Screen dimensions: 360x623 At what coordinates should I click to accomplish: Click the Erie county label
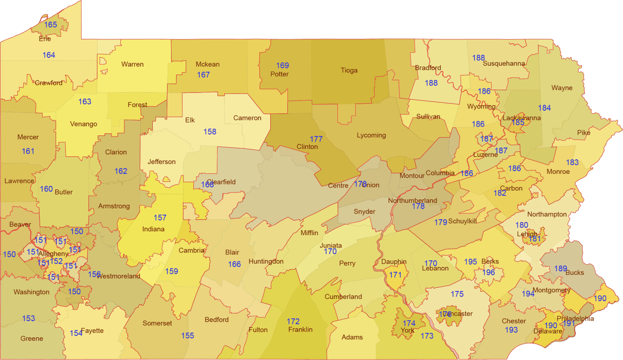point(45,39)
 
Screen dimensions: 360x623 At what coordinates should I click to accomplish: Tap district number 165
point(51,25)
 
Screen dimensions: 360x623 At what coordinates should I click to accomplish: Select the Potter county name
point(279,74)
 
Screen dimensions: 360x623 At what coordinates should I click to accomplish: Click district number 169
point(282,65)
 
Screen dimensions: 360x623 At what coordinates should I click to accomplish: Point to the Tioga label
point(349,70)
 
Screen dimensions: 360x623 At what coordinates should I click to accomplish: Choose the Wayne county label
point(562,88)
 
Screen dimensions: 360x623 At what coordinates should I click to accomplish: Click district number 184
point(544,108)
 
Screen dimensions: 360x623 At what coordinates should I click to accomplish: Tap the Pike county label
point(584,133)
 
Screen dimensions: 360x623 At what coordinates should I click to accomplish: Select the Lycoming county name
point(371,135)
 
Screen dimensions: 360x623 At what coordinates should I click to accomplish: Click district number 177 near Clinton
point(316,139)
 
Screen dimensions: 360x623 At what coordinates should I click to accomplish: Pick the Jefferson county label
point(161,162)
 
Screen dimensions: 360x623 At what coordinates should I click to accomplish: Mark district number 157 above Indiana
point(160,218)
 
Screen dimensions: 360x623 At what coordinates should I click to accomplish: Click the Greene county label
point(32,338)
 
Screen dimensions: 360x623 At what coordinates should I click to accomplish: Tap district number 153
point(28,318)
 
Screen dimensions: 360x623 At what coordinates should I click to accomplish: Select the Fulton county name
point(258,330)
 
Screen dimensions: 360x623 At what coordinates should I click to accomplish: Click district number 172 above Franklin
point(293,321)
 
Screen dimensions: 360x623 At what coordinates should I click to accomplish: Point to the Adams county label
point(352,337)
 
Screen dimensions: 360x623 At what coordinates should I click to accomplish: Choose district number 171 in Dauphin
point(395,275)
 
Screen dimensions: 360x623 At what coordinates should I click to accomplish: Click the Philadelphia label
point(575,318)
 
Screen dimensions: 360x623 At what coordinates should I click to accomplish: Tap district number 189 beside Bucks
point(560,269)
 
